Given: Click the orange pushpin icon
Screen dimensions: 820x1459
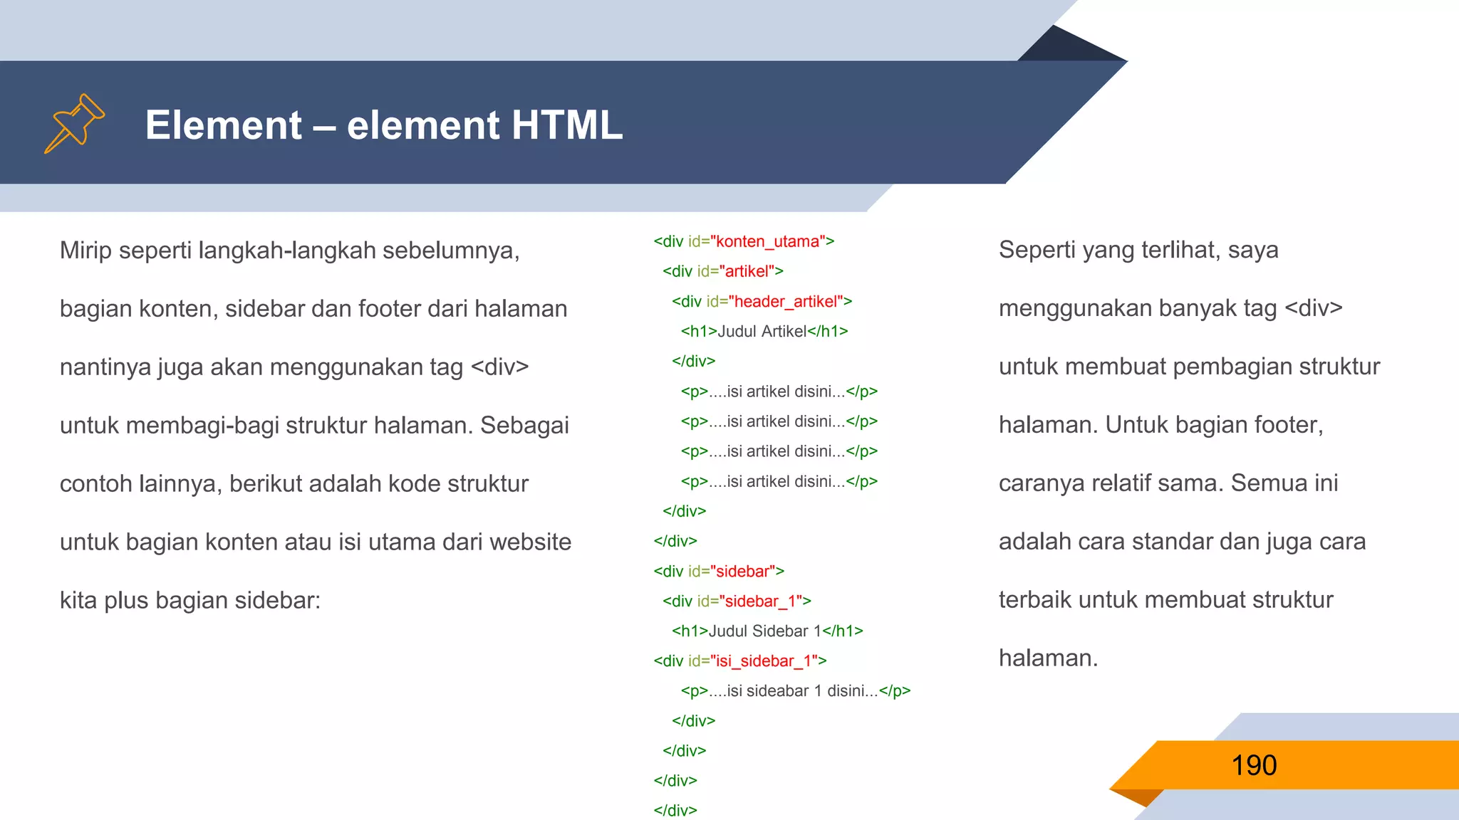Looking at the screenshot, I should [x=74, y=123].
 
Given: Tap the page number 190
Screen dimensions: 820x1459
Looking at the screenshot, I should [x=1254, y=765].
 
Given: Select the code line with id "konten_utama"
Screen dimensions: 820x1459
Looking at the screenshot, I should [x=744, y=241].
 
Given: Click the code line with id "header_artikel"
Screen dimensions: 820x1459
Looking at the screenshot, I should [x=762, y=302].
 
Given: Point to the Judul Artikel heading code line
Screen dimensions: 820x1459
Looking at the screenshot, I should [x=764, y=332].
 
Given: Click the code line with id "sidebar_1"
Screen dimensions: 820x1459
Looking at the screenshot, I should [x=737, y=601].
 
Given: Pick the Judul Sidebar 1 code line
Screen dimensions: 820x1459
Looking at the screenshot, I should [x=767, y=631].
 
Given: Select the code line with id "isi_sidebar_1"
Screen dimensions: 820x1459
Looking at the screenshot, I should [x=740, y=661].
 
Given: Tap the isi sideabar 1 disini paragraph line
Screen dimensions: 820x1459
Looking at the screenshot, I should [x=795, y=691].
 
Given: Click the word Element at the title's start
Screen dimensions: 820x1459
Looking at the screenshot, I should [x=224, y=125].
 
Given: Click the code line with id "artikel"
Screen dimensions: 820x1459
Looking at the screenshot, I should [x=722, y=271].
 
